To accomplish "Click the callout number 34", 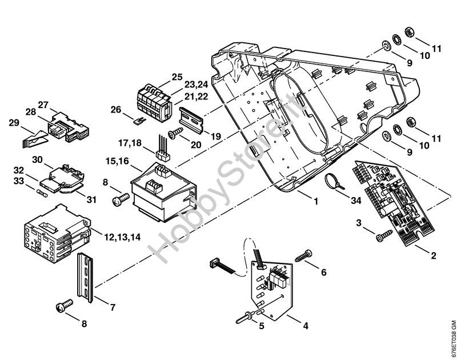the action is [x=356, y=200].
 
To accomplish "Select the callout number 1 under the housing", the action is [x=316, y=201].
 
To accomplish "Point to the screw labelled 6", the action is [x=304, y=255].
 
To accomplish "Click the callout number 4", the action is [x=306, y=325].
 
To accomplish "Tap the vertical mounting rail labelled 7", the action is [x=85, y=277].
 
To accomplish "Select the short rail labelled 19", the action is [x=191, y=120].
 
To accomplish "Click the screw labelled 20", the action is [x=175, y=133].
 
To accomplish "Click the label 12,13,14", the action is [x=122, y=237].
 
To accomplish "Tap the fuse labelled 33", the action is [x=42, y=193].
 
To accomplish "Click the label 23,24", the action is [x=196, y=85].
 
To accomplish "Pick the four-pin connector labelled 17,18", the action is [x=163, y=149].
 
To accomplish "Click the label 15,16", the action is [x=117, y=161].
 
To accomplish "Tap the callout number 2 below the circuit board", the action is [x=434, y=255].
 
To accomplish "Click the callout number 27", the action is [x=43, y=105].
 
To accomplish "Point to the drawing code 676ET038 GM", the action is [x=452, y=339].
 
